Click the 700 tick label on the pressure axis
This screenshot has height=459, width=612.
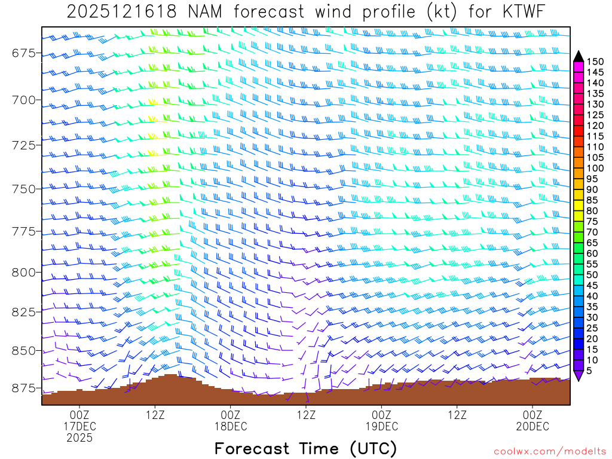click(x=23, y=99)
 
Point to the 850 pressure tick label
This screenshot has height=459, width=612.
click(x=23, y=350)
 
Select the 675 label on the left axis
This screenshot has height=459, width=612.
click(x=23, y=54)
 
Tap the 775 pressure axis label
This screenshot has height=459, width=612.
click(x=23, y=231)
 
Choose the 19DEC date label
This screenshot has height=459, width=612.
click(x=382, y=426)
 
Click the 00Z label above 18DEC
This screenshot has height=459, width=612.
click(x=231, y=415)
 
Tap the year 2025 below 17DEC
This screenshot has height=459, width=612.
click(x=79, y=437)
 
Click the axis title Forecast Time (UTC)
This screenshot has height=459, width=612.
click(x=305, y=448)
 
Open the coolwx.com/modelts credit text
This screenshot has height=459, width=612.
click(x=549, y=451)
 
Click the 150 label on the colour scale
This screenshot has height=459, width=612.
click(x=595, y=61)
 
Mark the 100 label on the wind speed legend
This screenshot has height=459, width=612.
click(x=595, y=168)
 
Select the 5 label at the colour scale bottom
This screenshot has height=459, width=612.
click(x=590, y=371)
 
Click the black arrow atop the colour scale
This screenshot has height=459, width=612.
click(x=579, y=56)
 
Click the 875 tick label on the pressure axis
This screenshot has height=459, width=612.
click(x=23, y=388)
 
